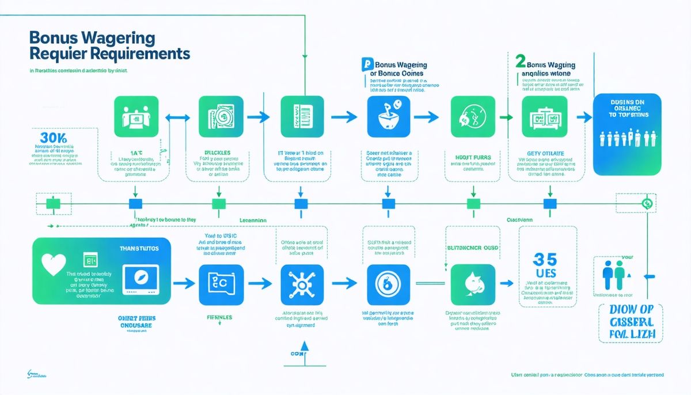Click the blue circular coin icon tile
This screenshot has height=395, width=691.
coord(386,284)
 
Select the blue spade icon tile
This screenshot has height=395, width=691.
coord(473,284)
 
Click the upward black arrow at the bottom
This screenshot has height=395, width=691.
coord(303,347)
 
